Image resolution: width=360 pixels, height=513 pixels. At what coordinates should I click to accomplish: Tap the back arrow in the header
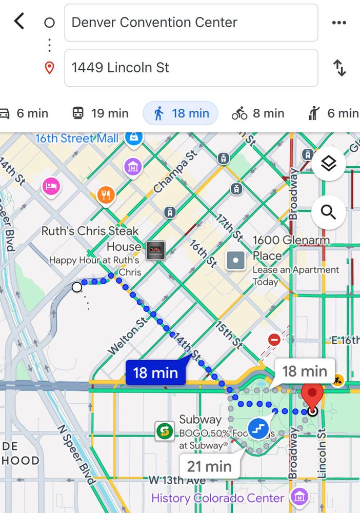19,22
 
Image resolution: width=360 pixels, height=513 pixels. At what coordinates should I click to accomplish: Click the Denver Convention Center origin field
191,23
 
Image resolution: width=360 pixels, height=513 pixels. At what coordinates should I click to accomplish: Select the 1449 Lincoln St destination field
191,68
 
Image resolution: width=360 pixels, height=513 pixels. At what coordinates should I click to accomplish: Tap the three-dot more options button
339,23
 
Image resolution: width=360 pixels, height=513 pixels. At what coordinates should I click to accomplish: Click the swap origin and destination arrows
339,68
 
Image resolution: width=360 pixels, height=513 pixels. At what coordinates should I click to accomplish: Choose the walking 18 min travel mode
181,113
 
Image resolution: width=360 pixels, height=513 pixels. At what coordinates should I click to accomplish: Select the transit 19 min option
100,113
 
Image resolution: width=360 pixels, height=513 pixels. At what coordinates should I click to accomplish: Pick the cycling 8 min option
257,113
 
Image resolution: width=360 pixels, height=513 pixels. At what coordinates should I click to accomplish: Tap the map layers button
328,164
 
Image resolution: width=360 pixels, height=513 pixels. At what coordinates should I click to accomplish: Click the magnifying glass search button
328,212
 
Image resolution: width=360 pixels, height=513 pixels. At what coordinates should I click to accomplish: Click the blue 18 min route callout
155,372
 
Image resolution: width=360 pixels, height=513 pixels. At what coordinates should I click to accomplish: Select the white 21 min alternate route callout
209,466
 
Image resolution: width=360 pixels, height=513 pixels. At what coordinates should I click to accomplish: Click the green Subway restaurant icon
165,431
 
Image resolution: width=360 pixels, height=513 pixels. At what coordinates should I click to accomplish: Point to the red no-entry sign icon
274,340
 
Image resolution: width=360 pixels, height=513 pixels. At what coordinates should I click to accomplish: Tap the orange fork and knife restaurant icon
106,195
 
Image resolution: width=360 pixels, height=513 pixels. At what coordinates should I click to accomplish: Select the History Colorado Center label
218,498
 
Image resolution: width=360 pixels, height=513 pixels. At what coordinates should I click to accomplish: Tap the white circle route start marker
77,287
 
